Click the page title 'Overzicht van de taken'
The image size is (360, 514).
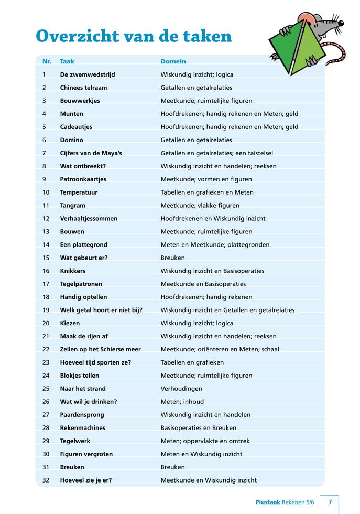click(x=133, y=36)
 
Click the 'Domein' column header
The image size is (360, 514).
click(x=173, y=61)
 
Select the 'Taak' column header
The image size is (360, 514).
click(x=67, y=61)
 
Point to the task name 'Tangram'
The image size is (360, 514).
click(x=72, y=206)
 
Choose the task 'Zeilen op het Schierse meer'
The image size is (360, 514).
click(x=100, y=349)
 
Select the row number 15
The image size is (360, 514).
click(x=46, y=258)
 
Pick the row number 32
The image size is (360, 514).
click(x=46, y=480)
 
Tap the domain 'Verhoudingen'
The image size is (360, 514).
click(x=181, y=389)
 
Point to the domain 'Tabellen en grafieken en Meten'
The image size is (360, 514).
click(x=206, y=192)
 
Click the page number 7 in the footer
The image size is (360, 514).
click(x=330, y=502)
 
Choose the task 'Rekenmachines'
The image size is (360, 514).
click(x=82, y=428)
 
